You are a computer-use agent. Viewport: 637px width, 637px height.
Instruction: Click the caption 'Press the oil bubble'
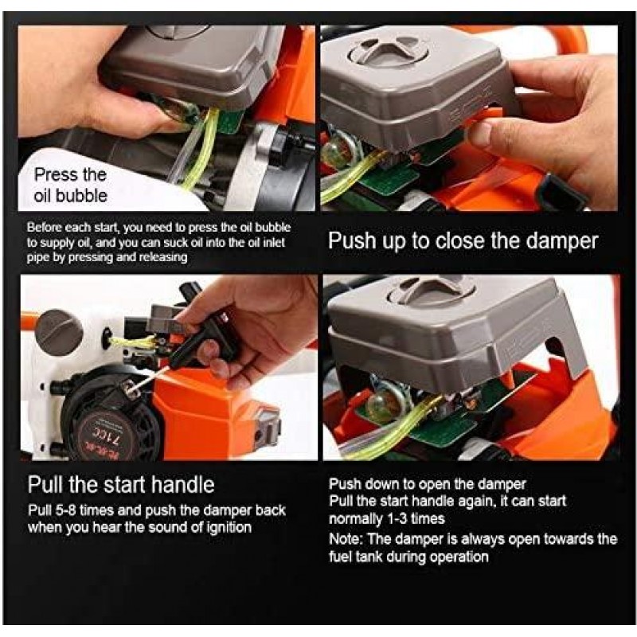70,185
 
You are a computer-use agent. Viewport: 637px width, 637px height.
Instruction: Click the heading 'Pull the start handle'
121,485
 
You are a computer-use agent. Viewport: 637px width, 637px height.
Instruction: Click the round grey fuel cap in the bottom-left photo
59,331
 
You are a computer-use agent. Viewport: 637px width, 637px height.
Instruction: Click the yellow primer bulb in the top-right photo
338,151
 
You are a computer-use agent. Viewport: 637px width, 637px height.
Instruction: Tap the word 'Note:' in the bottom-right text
346,539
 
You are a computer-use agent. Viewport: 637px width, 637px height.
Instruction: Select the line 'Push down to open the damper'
428,484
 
